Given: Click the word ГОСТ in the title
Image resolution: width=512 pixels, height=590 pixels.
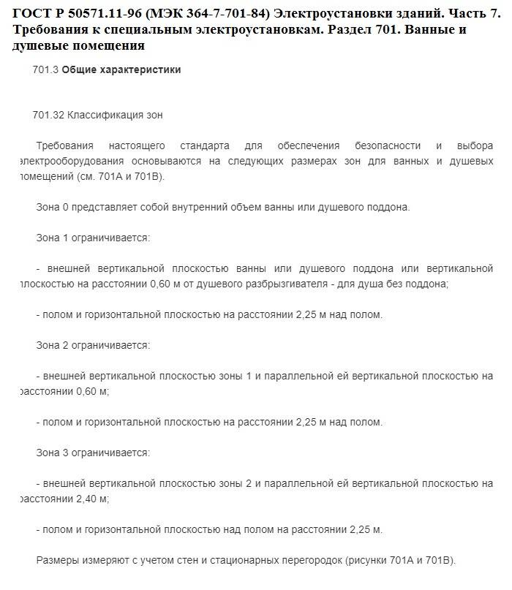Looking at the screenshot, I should click(30, 12).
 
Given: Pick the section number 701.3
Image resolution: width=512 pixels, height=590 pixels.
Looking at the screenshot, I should click(45, 70).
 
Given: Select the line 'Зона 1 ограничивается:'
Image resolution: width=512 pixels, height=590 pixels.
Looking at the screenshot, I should click(93, 238).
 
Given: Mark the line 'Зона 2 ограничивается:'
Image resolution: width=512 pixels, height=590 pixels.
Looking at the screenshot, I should click(93, 345).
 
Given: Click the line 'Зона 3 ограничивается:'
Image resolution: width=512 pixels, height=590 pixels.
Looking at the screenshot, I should click(93, 453).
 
